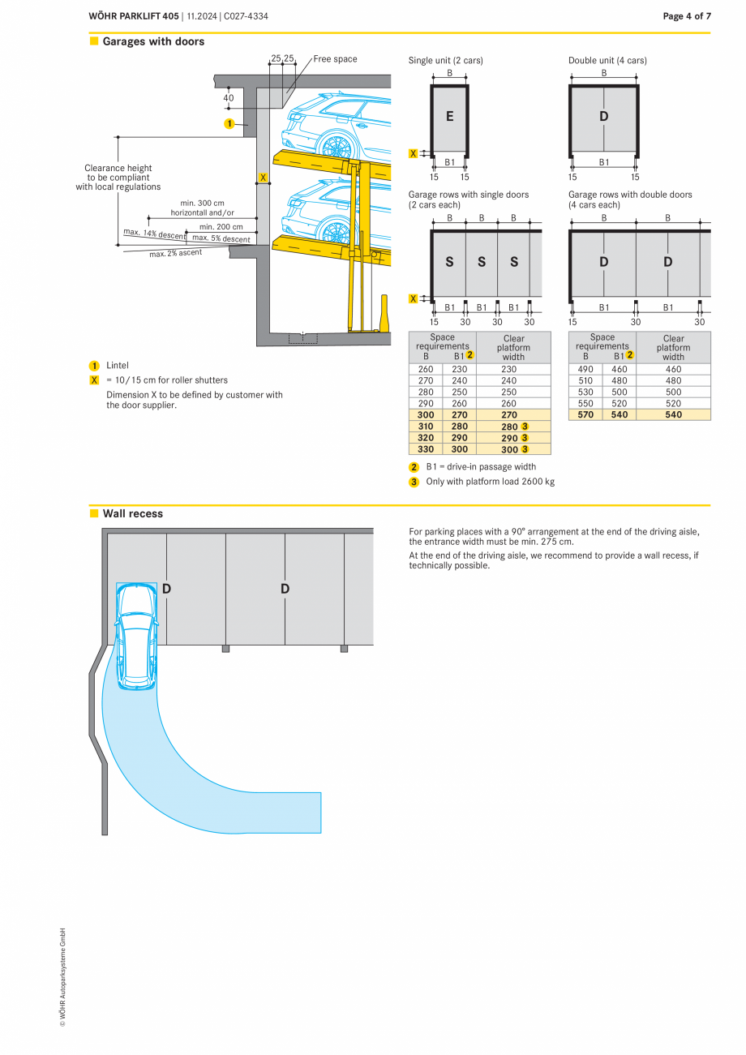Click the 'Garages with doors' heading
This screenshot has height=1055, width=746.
pos(153,41)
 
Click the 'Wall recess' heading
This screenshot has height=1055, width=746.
pos(132,513)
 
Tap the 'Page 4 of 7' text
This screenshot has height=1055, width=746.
pos(686,16)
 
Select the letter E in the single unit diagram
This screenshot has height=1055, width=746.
pos(449,117)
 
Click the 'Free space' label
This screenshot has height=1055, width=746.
pos(335,59)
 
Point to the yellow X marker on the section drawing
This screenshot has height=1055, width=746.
pos(263,177)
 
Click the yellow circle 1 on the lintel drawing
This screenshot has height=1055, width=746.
pos(229,124)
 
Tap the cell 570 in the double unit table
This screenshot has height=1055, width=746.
pos(585,414)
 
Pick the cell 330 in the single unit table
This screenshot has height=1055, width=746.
pos(425,448)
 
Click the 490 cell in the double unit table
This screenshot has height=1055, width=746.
pos(585,369)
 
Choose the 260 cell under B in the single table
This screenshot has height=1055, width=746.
pos(425,369)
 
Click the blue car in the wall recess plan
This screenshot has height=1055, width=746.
pos(136,637)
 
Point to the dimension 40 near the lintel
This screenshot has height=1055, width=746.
pos(229,98)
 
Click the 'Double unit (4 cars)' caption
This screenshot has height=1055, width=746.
pos(607,60)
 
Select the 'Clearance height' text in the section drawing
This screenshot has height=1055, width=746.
pos(118,169)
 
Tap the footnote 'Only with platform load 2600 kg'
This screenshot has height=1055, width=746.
pos(490,482)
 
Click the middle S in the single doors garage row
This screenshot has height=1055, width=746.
pos(481,262)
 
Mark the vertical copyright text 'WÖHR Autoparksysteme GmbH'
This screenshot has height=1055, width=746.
pos(62,977)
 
